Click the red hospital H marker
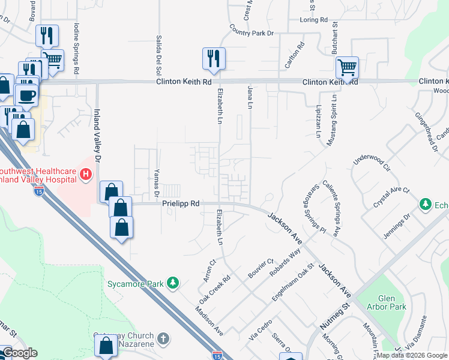pos(86,175)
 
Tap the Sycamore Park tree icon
pos(173,282)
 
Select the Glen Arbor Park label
pos(392,302)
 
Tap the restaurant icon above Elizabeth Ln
pos(214,59)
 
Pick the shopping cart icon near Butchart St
pos(347,67)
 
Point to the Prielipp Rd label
pos(181,204)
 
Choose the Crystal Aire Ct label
pos(391,197)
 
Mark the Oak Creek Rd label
pos(215,289)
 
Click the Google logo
pos(19,353)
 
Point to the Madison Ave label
pos(209,322)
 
